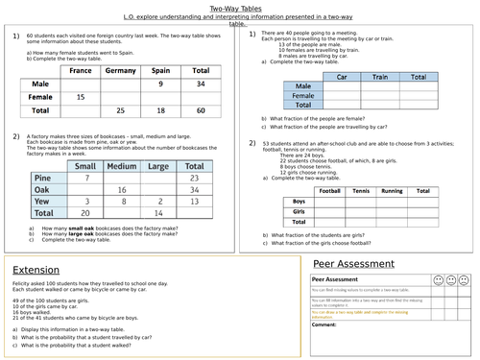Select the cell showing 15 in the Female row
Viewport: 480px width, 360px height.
click(x=81, y=98)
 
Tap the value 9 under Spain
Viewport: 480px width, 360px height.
click(x=161, y=84)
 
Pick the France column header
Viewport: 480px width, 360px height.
click(x=81, y=71)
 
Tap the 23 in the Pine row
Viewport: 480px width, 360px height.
click(x=195, y=178)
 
